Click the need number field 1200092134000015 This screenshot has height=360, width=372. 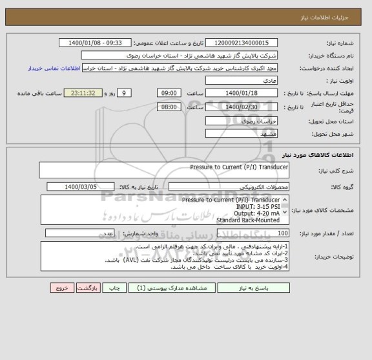tap(243, 43)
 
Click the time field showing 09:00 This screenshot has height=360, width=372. tap(169, 92)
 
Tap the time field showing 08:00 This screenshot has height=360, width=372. tap(169, 107)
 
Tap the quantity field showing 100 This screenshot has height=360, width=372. tap(242, 233)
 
